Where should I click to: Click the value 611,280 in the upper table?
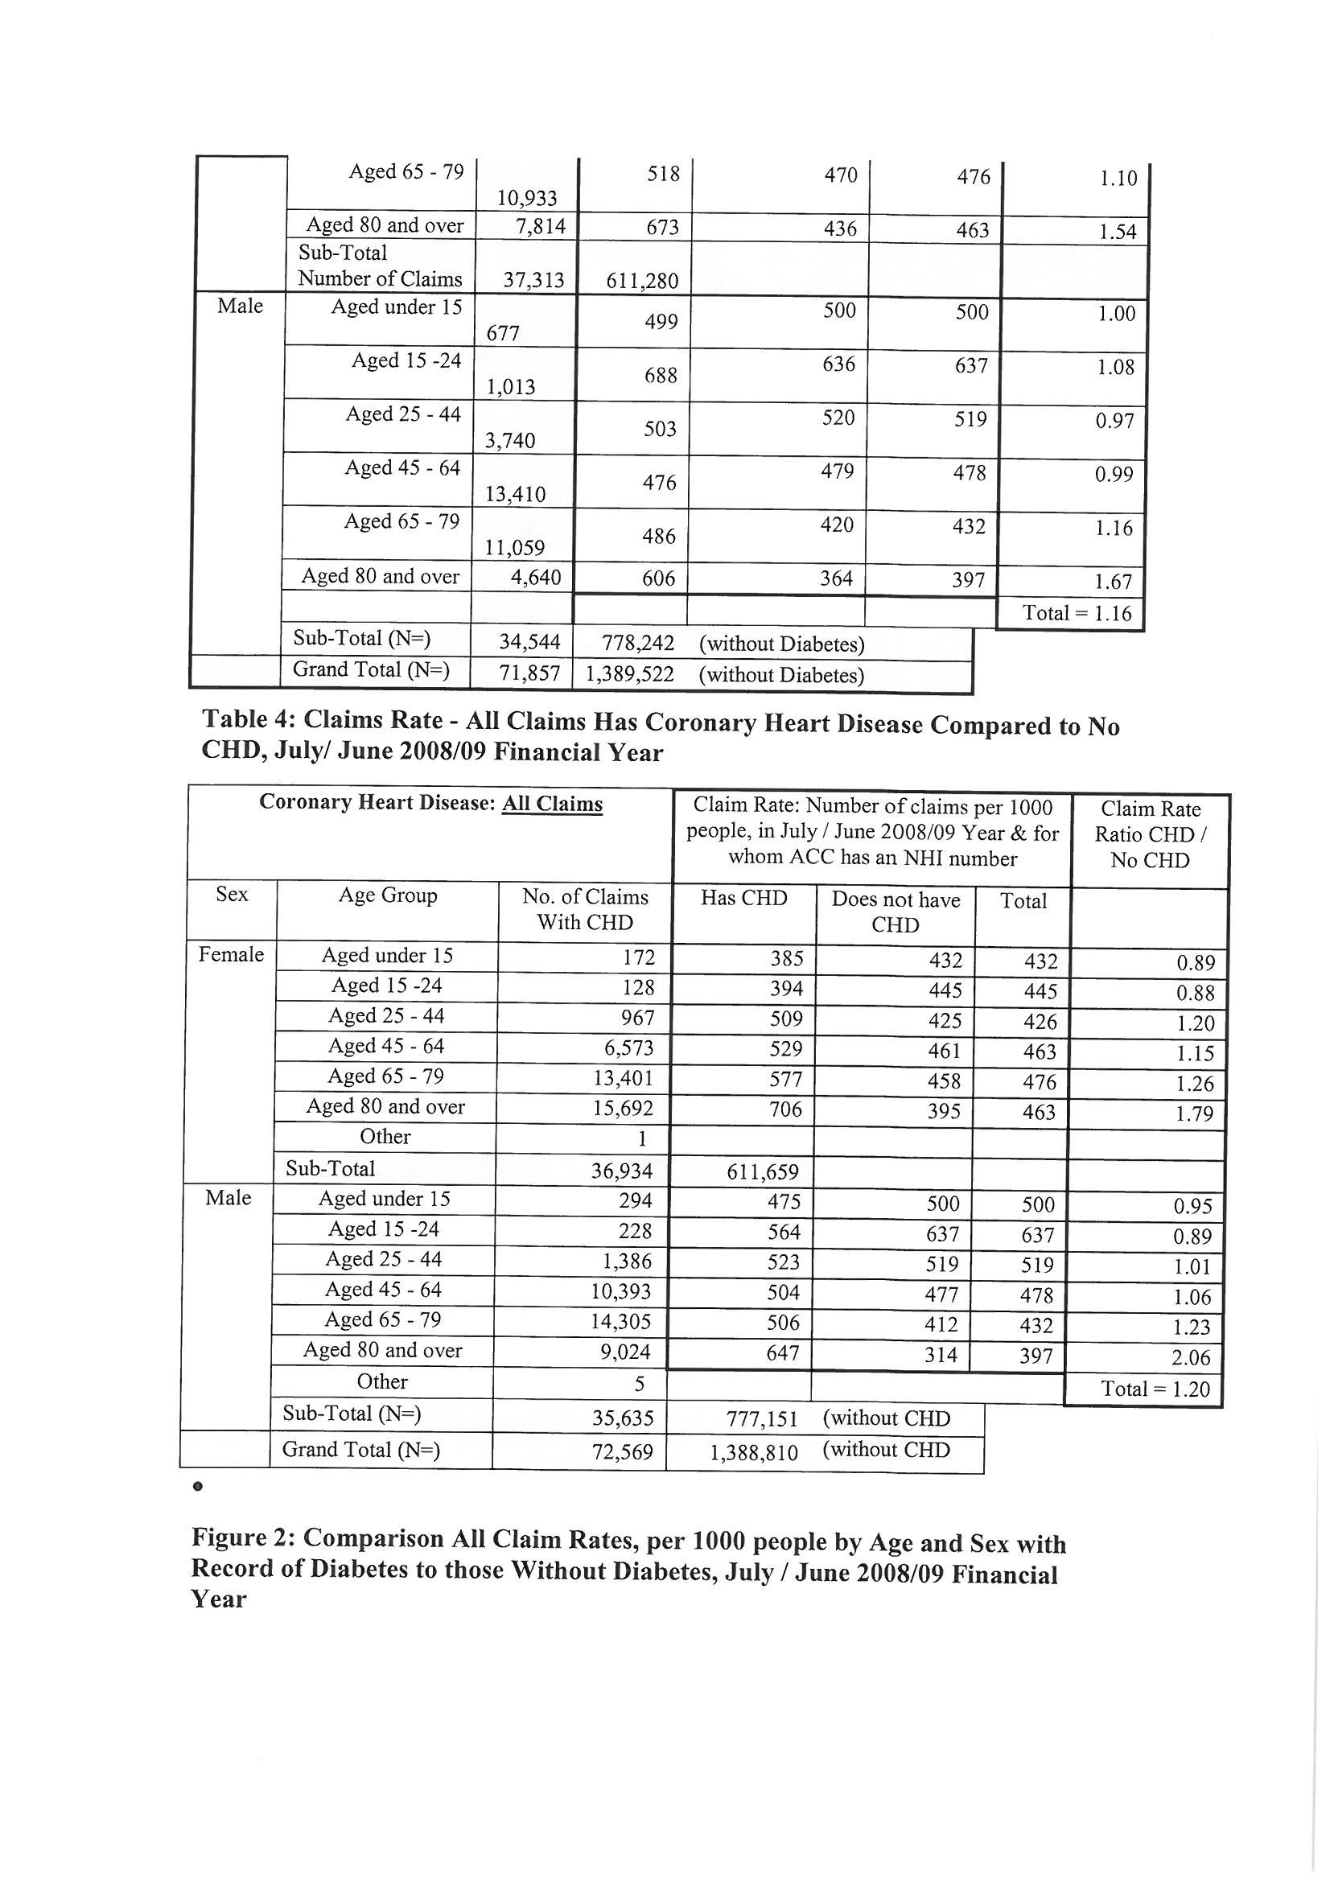pyautogui.click(x=641, y=281)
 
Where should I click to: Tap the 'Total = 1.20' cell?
pyautogui.click(x=1155, y=1389)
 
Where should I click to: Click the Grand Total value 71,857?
pyautogui.click(x=530, y=673)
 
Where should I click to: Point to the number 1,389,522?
pyautogui.click(x=629, y=674)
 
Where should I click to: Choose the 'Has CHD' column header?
pyautogui.click(x=743, y=899)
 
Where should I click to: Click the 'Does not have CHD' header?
pyautogui.click(x=895, y=912)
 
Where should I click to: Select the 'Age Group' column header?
pyautogui.click(x=388, y=895)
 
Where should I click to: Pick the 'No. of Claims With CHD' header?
pyautogui.click(x=584, y=909)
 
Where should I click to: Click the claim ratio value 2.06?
pyautogui.click(x=1191, y=1358)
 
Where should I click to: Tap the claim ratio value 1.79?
pyautogui.click(x=1195, y=1114)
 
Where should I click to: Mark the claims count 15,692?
pyautogui.click(x=623, y=1109)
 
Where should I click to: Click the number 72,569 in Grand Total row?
pyautogui.click(x=623, y=1452)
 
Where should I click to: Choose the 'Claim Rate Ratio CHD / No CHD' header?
pyautogui.click(x=1150, y=834)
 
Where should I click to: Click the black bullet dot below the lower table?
pyautogui.click(x=197, y=1484)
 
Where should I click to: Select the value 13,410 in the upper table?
pyautogui.click(x=516, y=494)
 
